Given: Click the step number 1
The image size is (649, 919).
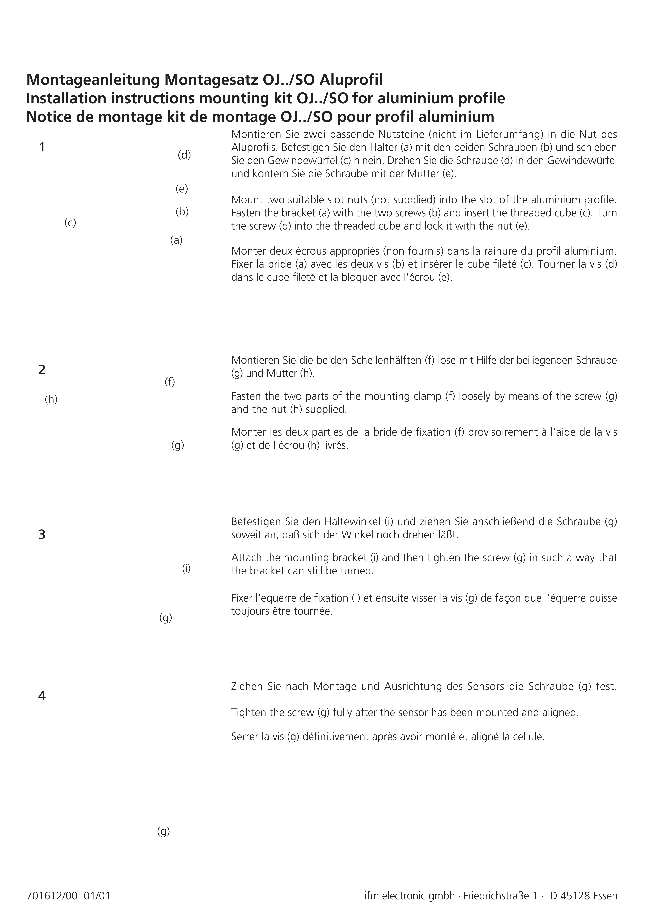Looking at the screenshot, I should coord(42,148).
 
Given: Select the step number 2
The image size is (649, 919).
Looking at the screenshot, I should coord(42,370).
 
